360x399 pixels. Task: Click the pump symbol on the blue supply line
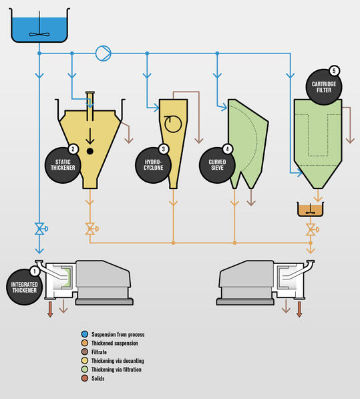coord(104,53)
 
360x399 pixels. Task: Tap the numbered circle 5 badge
coord(334,71)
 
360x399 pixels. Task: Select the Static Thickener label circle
coord(63,165)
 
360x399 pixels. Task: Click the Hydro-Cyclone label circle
coord(153,165)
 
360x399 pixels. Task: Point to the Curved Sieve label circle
coord(217,165)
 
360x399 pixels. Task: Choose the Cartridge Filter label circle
coord(324,87)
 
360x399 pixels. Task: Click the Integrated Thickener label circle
coord(24,287)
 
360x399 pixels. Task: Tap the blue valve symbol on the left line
coord(41,229)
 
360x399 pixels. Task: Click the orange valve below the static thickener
coord(92,229)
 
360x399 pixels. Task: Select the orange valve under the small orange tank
coord(312,229)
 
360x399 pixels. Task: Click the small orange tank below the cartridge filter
coord(311,209)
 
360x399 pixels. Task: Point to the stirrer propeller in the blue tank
coord(39,34)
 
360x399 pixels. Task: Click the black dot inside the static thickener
coord(89,151)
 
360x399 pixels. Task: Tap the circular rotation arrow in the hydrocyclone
coord(173,124)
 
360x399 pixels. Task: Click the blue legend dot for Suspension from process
coord(85,334)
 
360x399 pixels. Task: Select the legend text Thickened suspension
coord(115,344)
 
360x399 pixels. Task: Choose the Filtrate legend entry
coord(94,352)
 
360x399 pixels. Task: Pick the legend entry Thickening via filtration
coord(112,370)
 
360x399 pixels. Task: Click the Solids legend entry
coord(93,378)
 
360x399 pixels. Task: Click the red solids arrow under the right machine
coord(299,309)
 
